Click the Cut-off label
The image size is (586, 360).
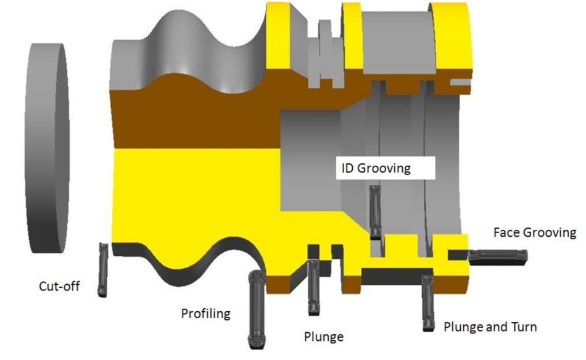pos(59,286)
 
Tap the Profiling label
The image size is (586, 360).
pos(205,313)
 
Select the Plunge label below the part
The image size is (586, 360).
pos(324,337)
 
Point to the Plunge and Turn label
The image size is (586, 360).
pos(490,326)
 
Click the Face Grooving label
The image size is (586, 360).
pos(535,232)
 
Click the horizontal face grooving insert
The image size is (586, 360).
pos(497,255)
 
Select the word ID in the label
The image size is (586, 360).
pos(345,168)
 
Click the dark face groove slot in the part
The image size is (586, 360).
pos(457,254)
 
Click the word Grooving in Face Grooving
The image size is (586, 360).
pos(549,232)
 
